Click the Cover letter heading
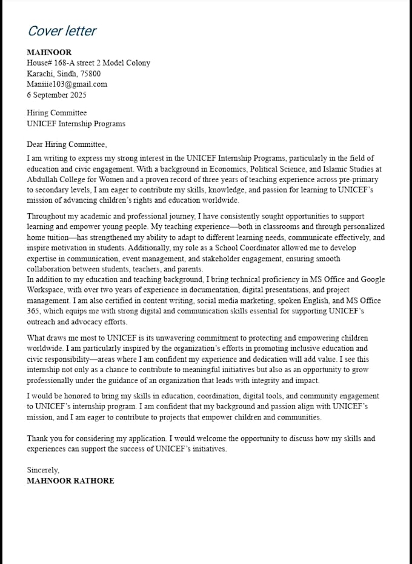62,31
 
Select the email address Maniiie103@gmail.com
67,84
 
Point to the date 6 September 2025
56,95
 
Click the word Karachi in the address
39,73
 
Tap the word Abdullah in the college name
42,180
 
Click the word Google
373,280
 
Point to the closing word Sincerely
43,470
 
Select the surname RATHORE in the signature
93,481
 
